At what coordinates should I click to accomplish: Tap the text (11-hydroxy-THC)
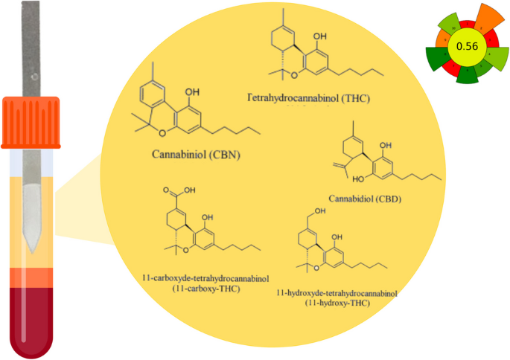click(336, 303)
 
